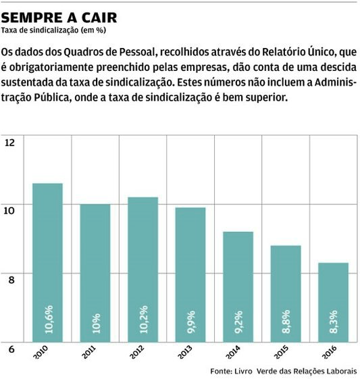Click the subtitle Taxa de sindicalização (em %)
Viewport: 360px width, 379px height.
pos(54,30)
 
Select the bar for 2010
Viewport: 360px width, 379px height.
pos(47,263)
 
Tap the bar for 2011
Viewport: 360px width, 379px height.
pos(95,274)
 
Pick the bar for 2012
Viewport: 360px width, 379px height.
pos(143,270)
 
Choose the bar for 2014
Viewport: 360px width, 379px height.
pos(238,287)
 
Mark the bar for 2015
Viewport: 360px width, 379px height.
pos(286,294)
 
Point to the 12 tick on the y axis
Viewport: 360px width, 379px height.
pos(10,142)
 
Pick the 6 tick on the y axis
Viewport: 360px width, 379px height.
pos(10,348)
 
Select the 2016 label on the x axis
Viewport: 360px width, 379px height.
pos(328,353)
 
